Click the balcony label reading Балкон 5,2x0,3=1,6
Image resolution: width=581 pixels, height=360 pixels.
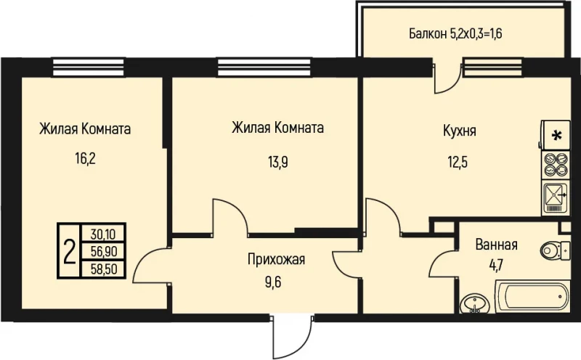pyautogui.click(x=456, y=33)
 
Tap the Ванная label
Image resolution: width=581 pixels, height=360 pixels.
pyautogui.click(x=497, y=244)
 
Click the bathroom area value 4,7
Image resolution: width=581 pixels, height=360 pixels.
pyautogui.click(x=497, y=263)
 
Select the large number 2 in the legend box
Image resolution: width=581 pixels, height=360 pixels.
pyautogui.click(x=70, y=252)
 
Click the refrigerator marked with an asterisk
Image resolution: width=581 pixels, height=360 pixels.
pyautogui.click(x=557, y=135)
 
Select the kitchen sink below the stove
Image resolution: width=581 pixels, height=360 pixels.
pyautogui.click(x=557, y=197)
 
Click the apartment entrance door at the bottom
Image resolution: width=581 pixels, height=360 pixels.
pyautogui.click(x=290, y=335)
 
